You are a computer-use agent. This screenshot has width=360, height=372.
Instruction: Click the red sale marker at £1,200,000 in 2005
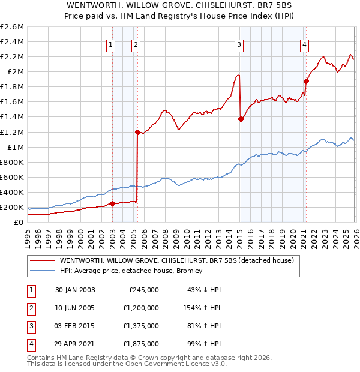tap(137, 132)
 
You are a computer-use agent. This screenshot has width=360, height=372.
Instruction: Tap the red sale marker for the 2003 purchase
tap(112, 203)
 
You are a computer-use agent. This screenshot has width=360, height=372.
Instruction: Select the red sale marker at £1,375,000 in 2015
tap(241, 119)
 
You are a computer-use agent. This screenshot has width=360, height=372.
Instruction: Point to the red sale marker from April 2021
tap(306, 81)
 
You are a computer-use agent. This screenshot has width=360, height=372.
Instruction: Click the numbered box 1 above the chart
tap(111, 44)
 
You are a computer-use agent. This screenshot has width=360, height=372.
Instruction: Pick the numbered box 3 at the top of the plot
tap(239, 44)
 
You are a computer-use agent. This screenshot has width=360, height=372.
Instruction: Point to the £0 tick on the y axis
tap(19, 223)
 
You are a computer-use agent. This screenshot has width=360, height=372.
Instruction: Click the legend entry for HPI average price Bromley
tap(130, 271)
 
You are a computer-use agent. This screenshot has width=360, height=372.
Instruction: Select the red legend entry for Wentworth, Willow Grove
tap(176, 261)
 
